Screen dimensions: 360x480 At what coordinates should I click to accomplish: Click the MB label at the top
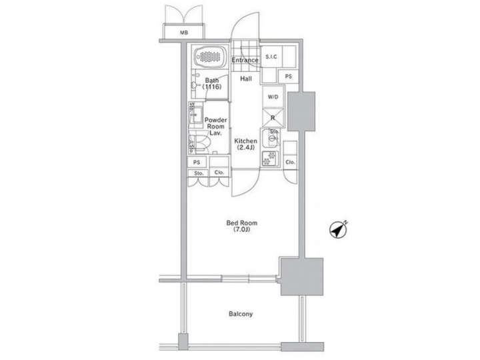(x=183, y=32)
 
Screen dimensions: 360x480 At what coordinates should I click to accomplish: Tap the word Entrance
(x=245, y=61)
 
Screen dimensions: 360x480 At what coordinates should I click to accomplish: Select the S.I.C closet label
(x=271, y=57)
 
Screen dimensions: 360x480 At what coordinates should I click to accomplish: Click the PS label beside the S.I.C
(x=288, y=77)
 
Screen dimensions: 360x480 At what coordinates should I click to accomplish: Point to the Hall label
(x=245, y=79)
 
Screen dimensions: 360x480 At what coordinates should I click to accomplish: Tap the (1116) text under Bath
(x=211, y=87)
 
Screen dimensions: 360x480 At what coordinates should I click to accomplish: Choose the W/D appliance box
(x=273, y=97)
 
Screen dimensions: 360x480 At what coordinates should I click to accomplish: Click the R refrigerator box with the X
(x=273, y=118)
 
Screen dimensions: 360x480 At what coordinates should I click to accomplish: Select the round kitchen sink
(x=273, y=141)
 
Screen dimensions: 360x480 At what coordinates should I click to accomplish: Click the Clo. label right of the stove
(x=290, y=162)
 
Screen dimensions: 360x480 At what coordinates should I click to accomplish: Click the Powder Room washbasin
(x=196, y=117)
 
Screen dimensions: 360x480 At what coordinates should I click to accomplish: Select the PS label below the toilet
(x=197, y=162)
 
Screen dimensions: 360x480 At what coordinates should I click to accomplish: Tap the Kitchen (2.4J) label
(x=245, y=145)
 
